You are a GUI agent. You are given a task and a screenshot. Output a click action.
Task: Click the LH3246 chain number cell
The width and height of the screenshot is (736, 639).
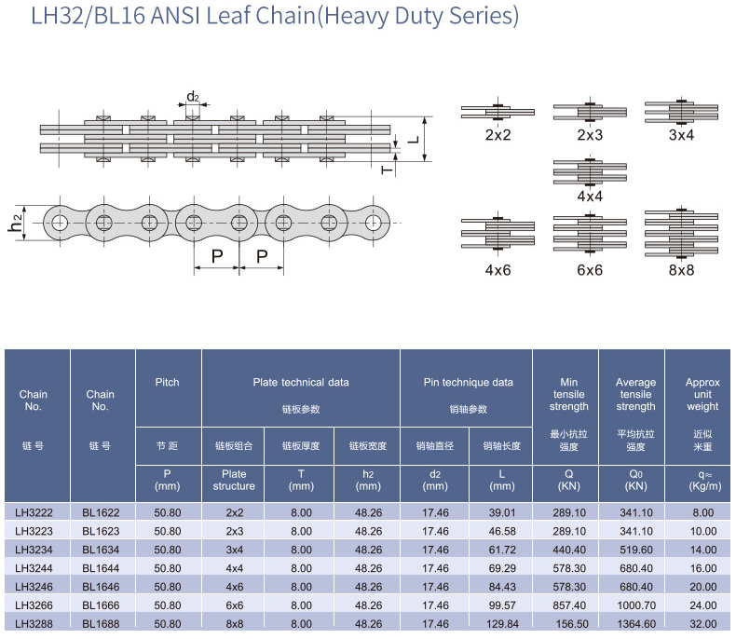click(37, 586)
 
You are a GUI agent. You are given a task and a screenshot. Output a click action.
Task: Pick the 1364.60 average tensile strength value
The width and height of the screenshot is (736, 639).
click(635, 624)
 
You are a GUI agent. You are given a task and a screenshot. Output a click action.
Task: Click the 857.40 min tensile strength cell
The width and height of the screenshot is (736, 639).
click(568, 605)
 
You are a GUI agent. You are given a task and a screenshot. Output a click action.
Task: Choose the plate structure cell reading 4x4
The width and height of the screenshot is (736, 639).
click(234, 568)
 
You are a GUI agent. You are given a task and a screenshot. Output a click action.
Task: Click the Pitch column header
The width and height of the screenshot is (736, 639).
click(168, 382)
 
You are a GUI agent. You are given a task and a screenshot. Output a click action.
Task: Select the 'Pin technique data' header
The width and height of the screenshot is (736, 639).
click(465, 382)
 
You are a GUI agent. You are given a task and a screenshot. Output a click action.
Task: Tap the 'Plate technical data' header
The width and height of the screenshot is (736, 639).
click(301, 382)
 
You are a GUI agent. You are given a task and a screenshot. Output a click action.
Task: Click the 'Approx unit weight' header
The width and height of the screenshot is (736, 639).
click(702, 394)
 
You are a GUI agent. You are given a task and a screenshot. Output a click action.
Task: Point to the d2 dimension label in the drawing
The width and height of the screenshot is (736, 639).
click(193, 97)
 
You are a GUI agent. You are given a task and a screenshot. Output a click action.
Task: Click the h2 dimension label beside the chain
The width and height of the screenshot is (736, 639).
click(16, 223)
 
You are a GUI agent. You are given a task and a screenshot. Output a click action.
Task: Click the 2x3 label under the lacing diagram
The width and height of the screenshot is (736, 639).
click(590, 135)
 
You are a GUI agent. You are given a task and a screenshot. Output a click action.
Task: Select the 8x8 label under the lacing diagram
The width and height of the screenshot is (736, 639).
click(681, 270)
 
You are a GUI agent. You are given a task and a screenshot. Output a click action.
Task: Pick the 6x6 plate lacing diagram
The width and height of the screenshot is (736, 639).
click(590, 233)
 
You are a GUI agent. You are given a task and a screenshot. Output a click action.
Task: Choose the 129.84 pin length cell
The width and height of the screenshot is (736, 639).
click(501, 624)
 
